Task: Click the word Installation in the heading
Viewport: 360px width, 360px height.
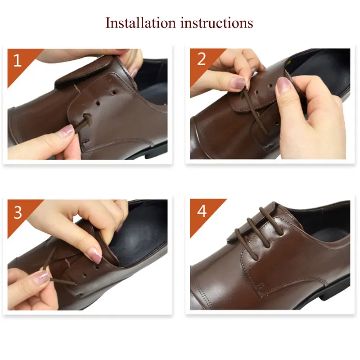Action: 140,23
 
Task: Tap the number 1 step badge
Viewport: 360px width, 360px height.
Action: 18,60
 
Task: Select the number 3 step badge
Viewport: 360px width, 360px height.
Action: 18,212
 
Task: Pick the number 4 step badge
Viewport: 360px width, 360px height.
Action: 202,211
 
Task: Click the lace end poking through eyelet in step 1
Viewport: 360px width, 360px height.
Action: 85,121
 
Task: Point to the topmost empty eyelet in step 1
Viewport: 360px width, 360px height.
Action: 114,93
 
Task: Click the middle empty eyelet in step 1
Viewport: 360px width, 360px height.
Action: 98,103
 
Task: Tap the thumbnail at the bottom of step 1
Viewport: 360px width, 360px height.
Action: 66,130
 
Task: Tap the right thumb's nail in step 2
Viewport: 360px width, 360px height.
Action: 283,85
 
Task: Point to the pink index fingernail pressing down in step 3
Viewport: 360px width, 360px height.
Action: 95,255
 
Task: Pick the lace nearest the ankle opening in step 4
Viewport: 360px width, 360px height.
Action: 271,221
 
